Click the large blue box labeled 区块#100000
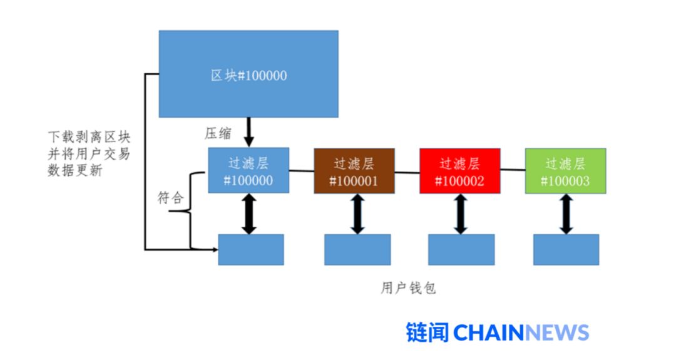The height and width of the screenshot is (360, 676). coord(248,74)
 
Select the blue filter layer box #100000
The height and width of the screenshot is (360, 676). coord(248,171)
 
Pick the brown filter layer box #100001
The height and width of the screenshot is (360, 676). coord(354,171)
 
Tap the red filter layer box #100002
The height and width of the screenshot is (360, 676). coord(459,171)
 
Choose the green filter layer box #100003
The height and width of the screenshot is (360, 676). coord(565,171)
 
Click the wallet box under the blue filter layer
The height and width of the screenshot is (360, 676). coord(250,249)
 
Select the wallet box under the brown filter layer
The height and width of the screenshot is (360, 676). coord(357,249)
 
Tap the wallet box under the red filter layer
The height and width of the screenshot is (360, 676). coord(461,249)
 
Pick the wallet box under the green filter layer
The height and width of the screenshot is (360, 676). coord(566,249)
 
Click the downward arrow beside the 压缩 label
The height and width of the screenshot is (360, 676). coord(249,132)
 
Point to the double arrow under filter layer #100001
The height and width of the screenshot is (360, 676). coord(357,213)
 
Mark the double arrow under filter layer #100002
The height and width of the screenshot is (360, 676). coord(461,213)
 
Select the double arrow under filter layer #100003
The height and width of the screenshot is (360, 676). coord(566,213)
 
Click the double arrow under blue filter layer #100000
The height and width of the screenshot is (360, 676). coord(249,213)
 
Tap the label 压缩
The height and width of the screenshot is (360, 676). coord(218,133)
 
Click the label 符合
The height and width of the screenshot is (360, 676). coord(170,198)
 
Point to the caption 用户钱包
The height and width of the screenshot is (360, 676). coord(408,288)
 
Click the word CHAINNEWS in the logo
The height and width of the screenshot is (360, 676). coord(521,332)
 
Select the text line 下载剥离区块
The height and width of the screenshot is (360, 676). coord(90,137)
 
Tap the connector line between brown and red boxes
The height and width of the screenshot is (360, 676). coord(407,172)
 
